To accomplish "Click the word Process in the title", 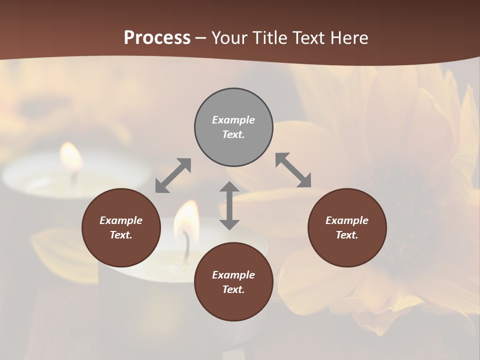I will pyautogui.click(x=157, y=38).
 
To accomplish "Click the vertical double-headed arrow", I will pyautogui.click(x=229, y=205).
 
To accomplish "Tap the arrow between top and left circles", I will pyautogui.click(x=173, y=175).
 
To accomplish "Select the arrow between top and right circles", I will pyautogui.click(x=293, y=170).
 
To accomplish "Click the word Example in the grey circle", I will pyautogui.click(x=233, y=120).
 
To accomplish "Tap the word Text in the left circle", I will pyautogui.click(x=121, y=235).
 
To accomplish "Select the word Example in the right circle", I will pyautogui.click(x=347, y=220).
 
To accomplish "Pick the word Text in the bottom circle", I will pyautogui.click(x=233, y=289).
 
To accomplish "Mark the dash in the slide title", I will pyautogui.click(x=200, y=38).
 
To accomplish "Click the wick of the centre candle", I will pyautogui.click(x=186, y=247).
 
